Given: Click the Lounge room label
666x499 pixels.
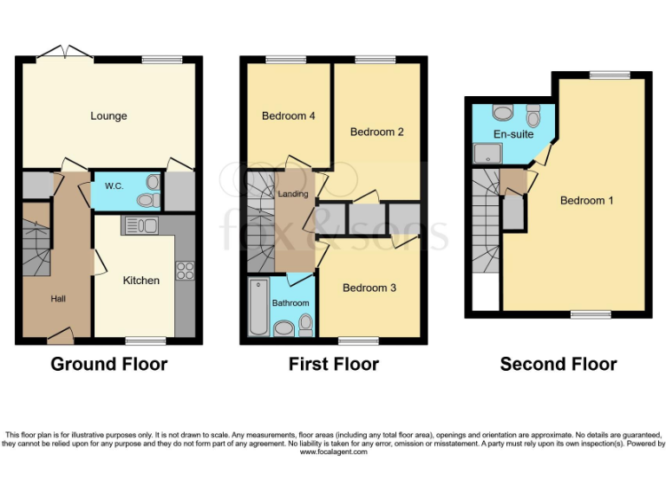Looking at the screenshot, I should tap(108, 116).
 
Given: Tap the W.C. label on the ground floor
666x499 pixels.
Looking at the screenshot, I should tap(114, 186).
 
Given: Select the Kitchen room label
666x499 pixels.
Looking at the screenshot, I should tap(140, 280).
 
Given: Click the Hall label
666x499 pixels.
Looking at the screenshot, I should tap(58, 299).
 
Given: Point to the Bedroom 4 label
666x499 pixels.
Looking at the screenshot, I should tap(288, 116).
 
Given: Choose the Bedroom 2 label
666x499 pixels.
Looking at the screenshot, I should tap(376, 133).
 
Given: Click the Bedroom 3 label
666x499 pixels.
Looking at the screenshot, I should tap(369, 288).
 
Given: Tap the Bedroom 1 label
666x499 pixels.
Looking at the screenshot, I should tap(586, 201).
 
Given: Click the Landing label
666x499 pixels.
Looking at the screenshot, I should tap(292, 194).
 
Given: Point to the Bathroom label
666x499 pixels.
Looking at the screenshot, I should tap(290, 303).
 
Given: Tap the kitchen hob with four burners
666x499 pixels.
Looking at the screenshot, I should tap(185, 270).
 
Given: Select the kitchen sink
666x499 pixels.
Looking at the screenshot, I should tap(140, 226).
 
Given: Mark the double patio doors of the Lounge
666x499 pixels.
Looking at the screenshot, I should tap(69, 53).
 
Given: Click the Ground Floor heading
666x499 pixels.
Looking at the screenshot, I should tap(109, 364).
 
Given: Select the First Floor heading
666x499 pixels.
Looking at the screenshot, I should tap(333, 364).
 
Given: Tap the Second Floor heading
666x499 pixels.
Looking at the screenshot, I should tap(558, 364).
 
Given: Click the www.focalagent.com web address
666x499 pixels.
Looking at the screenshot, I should tap(333, 452).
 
